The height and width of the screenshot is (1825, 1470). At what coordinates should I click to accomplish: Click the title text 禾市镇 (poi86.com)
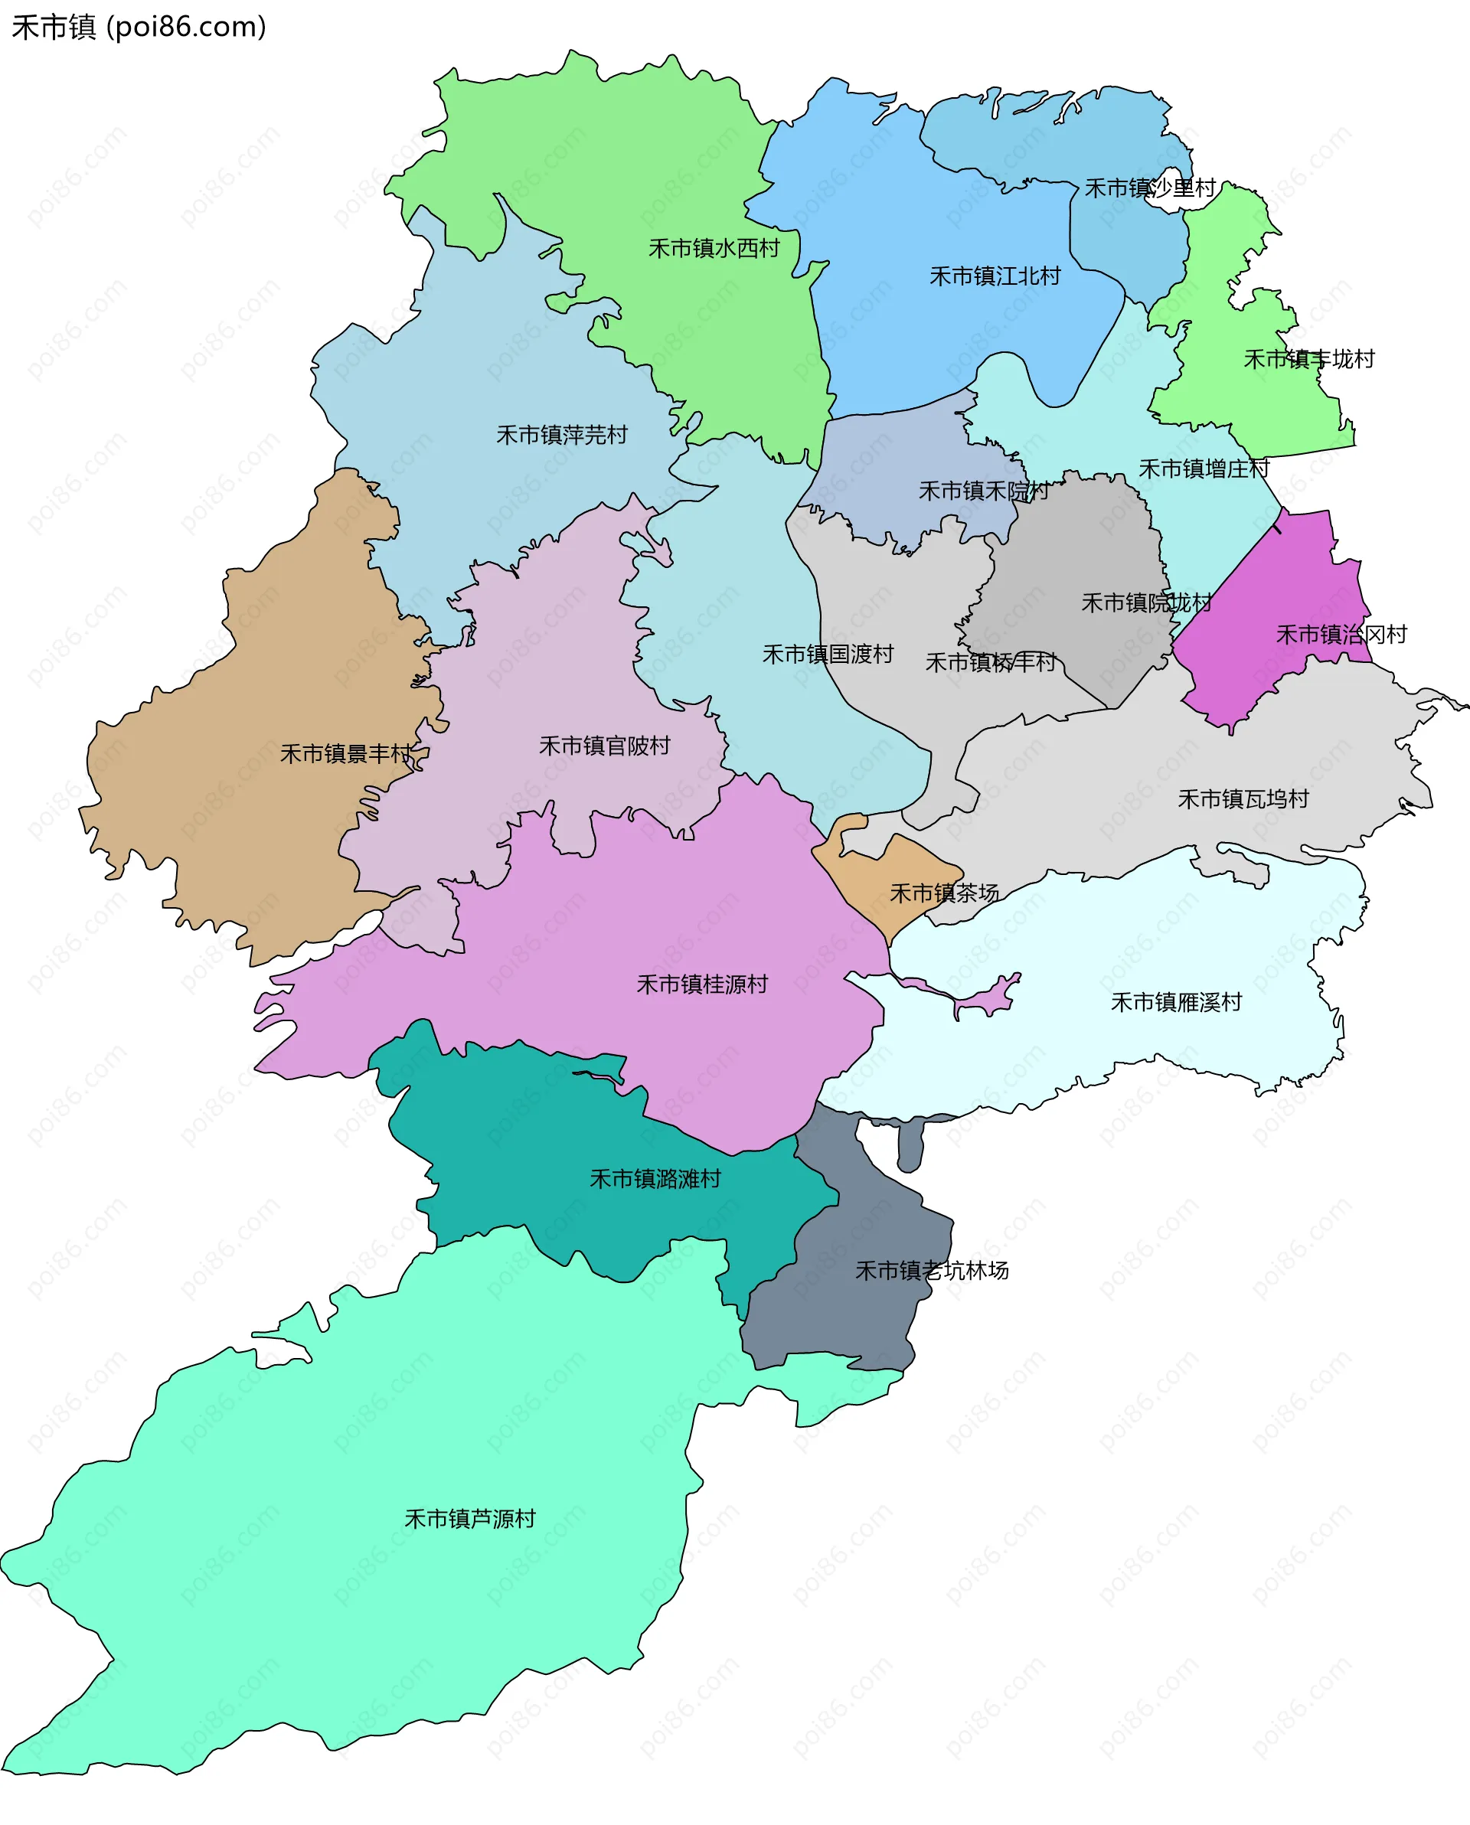[x=139, y=27]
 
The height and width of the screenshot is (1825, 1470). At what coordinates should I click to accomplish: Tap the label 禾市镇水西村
[x=713, y=248]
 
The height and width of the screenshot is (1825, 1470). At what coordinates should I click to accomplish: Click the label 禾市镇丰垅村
[x=1308, y=359]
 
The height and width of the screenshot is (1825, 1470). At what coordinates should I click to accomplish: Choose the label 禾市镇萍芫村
[x=561, y=435]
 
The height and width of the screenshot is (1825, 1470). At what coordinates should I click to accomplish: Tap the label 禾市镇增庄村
[x=1204, y=469]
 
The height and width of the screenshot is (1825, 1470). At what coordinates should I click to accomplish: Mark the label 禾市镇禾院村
[x=983, y=491]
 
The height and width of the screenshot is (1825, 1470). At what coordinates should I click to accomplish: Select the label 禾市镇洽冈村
[x=1341, y=634]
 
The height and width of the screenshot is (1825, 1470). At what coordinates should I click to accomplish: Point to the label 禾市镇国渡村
[x=828, y=655]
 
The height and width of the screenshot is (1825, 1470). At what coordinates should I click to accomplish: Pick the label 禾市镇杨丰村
[x=990, y=662]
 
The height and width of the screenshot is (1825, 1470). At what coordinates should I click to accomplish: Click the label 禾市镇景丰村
[x=345, y=753]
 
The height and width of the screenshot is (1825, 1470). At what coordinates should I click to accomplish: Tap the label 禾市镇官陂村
[x=604, y=746]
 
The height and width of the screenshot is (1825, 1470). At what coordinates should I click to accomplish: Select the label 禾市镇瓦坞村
[x=1242, y=799]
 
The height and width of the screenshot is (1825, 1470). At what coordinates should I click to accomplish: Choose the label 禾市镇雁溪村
[x=1175, y=1002]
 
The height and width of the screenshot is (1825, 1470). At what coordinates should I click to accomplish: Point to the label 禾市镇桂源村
[x=701, y=984]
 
